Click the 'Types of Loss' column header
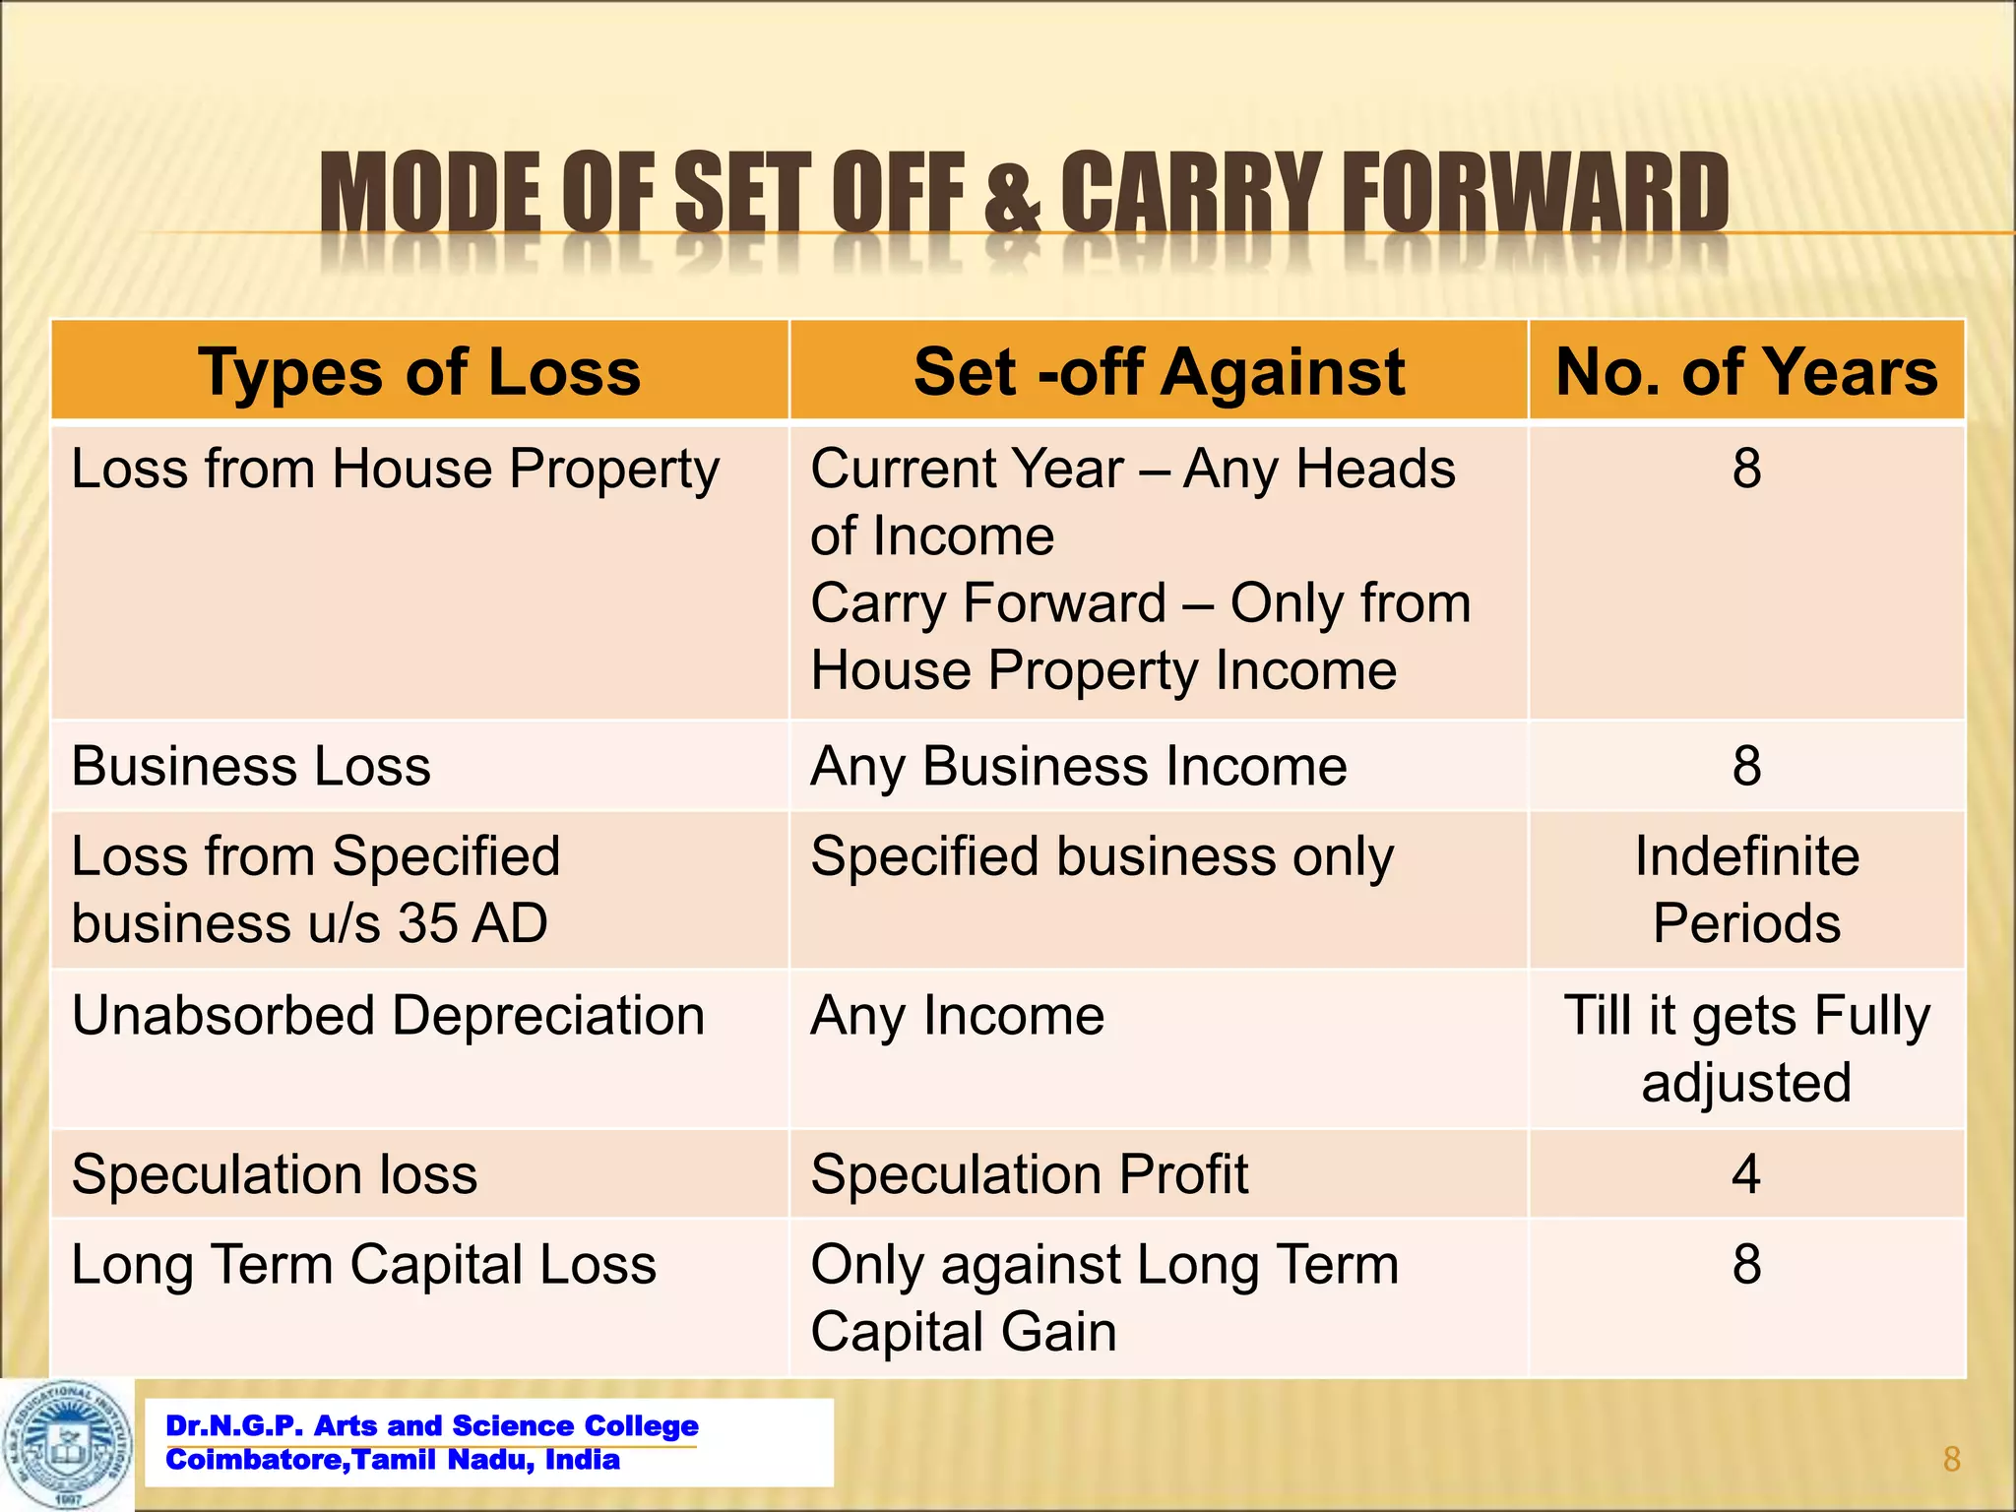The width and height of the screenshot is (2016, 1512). tap(419, 372)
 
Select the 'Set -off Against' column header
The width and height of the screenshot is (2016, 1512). tap(1159, 372)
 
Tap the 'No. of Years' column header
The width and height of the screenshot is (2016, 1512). tap(1746, 372)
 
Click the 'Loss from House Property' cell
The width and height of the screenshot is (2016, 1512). tap(396, 469)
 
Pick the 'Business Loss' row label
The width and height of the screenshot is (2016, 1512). tap(251, 766)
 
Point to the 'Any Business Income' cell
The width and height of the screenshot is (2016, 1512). tap(1079, 766)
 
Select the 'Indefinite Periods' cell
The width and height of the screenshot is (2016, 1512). tap(1746, 889)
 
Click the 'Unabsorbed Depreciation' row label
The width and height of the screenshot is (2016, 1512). tap(388, 1015)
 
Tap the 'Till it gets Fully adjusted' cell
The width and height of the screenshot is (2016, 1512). tap(1746, 1048)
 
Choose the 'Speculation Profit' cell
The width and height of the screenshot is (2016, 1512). tap(1030, 1173)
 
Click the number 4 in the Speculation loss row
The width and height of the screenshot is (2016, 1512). tap(1746, 1173)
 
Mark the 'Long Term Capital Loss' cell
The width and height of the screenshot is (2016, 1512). tap(363, 1264)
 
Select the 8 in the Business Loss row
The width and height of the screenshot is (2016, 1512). tap(1746, 766)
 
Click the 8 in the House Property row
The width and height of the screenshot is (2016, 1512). tap(1746, 469)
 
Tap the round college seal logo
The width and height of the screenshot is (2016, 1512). tap(67, 1444)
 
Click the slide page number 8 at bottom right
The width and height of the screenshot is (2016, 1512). tap(1952, 1459)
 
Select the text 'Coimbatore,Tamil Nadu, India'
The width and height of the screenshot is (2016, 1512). tap(393, 1460)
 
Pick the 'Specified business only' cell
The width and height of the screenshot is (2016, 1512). tap(1102, 856)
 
